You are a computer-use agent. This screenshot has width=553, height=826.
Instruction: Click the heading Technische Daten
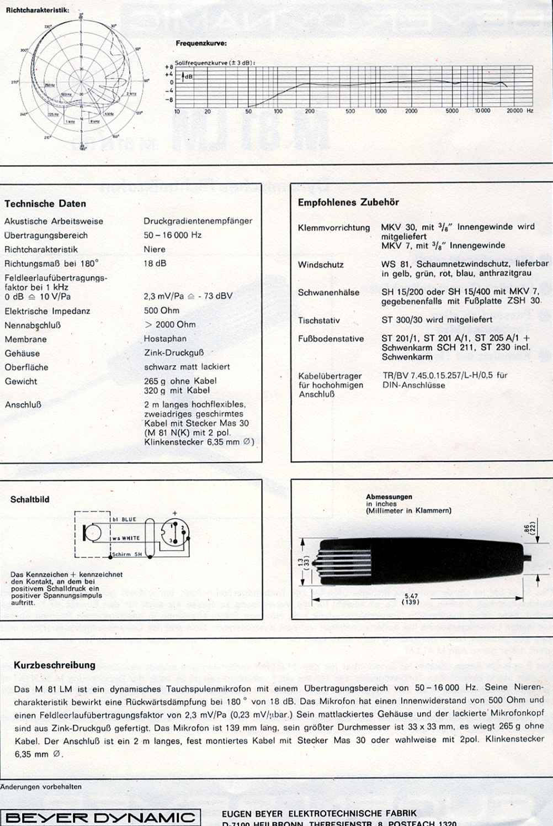[45, 204]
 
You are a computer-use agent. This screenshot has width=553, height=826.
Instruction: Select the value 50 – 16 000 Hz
[172, 235]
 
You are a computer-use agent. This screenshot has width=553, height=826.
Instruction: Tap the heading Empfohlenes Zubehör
[348, 202]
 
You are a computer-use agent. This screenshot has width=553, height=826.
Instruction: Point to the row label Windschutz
[321, 265]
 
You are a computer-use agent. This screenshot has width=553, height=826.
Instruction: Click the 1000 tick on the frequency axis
[381, 111]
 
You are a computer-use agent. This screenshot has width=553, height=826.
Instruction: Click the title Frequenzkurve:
[201, 43]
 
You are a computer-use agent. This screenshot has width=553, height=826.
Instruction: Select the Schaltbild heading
[30, 499]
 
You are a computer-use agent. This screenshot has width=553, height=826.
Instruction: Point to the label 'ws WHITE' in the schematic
[126, 538]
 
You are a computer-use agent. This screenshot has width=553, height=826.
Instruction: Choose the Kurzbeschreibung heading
[54, 665]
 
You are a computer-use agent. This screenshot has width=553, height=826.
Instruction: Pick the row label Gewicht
[21, 381]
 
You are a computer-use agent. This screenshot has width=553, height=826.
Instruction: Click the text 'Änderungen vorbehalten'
[41, 787]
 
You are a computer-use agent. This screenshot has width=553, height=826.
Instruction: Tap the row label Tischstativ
[319, 320]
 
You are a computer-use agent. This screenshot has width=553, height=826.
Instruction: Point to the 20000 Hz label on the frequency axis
[520, 111]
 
